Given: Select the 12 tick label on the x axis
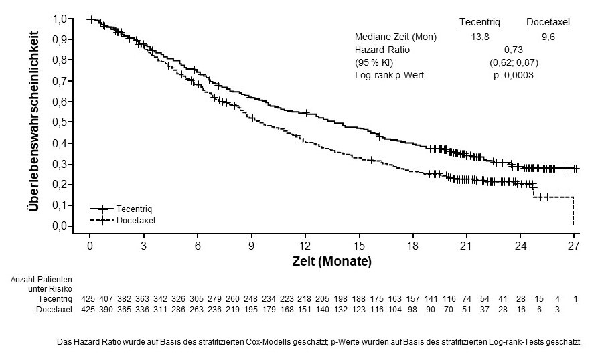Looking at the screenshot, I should tap(305, 245).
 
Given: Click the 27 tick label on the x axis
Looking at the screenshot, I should tap(574, 245).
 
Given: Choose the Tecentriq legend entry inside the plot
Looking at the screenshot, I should tap(134, 209).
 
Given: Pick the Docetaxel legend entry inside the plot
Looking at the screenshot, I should tap(135, 220).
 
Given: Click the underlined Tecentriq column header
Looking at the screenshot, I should tap(479, 23).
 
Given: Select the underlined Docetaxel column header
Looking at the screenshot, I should tap(548, 23).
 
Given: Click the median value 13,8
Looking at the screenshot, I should tap(479, 37).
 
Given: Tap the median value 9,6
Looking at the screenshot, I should tap(548, 37).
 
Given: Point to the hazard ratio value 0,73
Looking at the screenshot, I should tap(514, 50).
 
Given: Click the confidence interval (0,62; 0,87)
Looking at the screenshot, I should tap(514, 62).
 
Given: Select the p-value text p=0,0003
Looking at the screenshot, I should tap(514, 75).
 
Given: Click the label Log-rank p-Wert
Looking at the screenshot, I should tap(389, 75).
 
